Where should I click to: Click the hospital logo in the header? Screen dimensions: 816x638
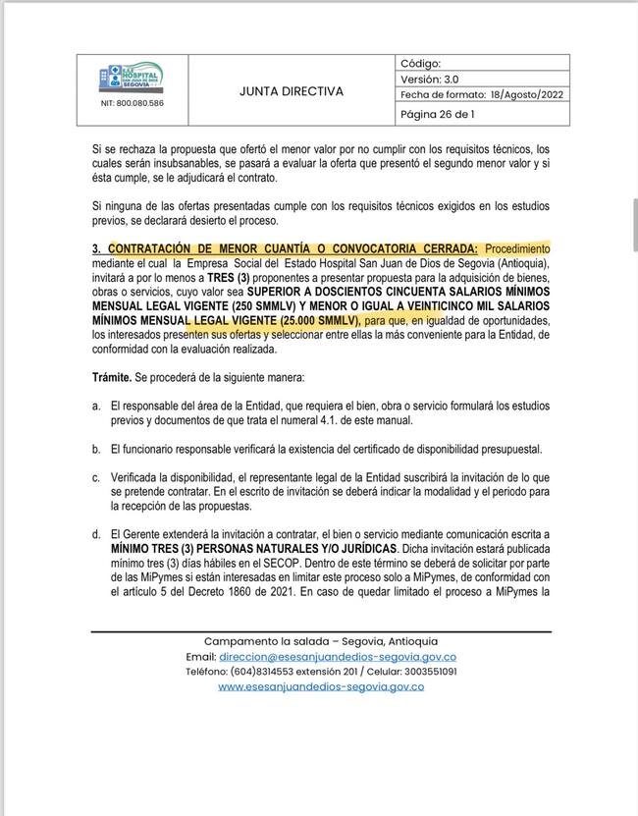pyautogui.click(x=132, y=79)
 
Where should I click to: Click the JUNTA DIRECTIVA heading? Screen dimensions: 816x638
pyautogui.click(x=292, y=91)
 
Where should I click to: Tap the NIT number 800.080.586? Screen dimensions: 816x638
pyautogui.click(x=132, y=103)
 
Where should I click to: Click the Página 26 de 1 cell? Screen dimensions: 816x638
pyautogui.click(x=438, y=114)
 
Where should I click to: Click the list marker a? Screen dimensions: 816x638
pyautogui.click(x=95, y=406)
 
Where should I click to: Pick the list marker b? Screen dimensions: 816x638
pyautogui.click(x=95, y=449)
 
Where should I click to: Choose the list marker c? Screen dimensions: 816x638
pyautogui.click(x=95, y=477)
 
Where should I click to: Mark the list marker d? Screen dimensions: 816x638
pyautogui.click(x=95, y=534)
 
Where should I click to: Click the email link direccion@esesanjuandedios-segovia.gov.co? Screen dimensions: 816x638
pyautogui.click(x=337, y=657)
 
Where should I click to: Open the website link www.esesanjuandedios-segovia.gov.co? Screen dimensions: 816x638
pyautogui.click(x=320, y=686)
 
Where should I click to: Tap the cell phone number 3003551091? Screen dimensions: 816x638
pyautogui.click(x=427, y=672)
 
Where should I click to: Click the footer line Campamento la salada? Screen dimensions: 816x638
pyautogui.click(x=320, y=641)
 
